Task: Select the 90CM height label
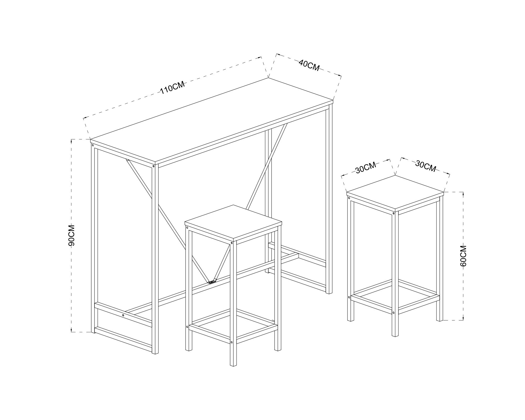pos(71,235)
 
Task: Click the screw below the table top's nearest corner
pos(154,166)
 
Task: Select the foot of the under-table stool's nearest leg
pos(233,365)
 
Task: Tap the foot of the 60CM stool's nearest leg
pos(395,335)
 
